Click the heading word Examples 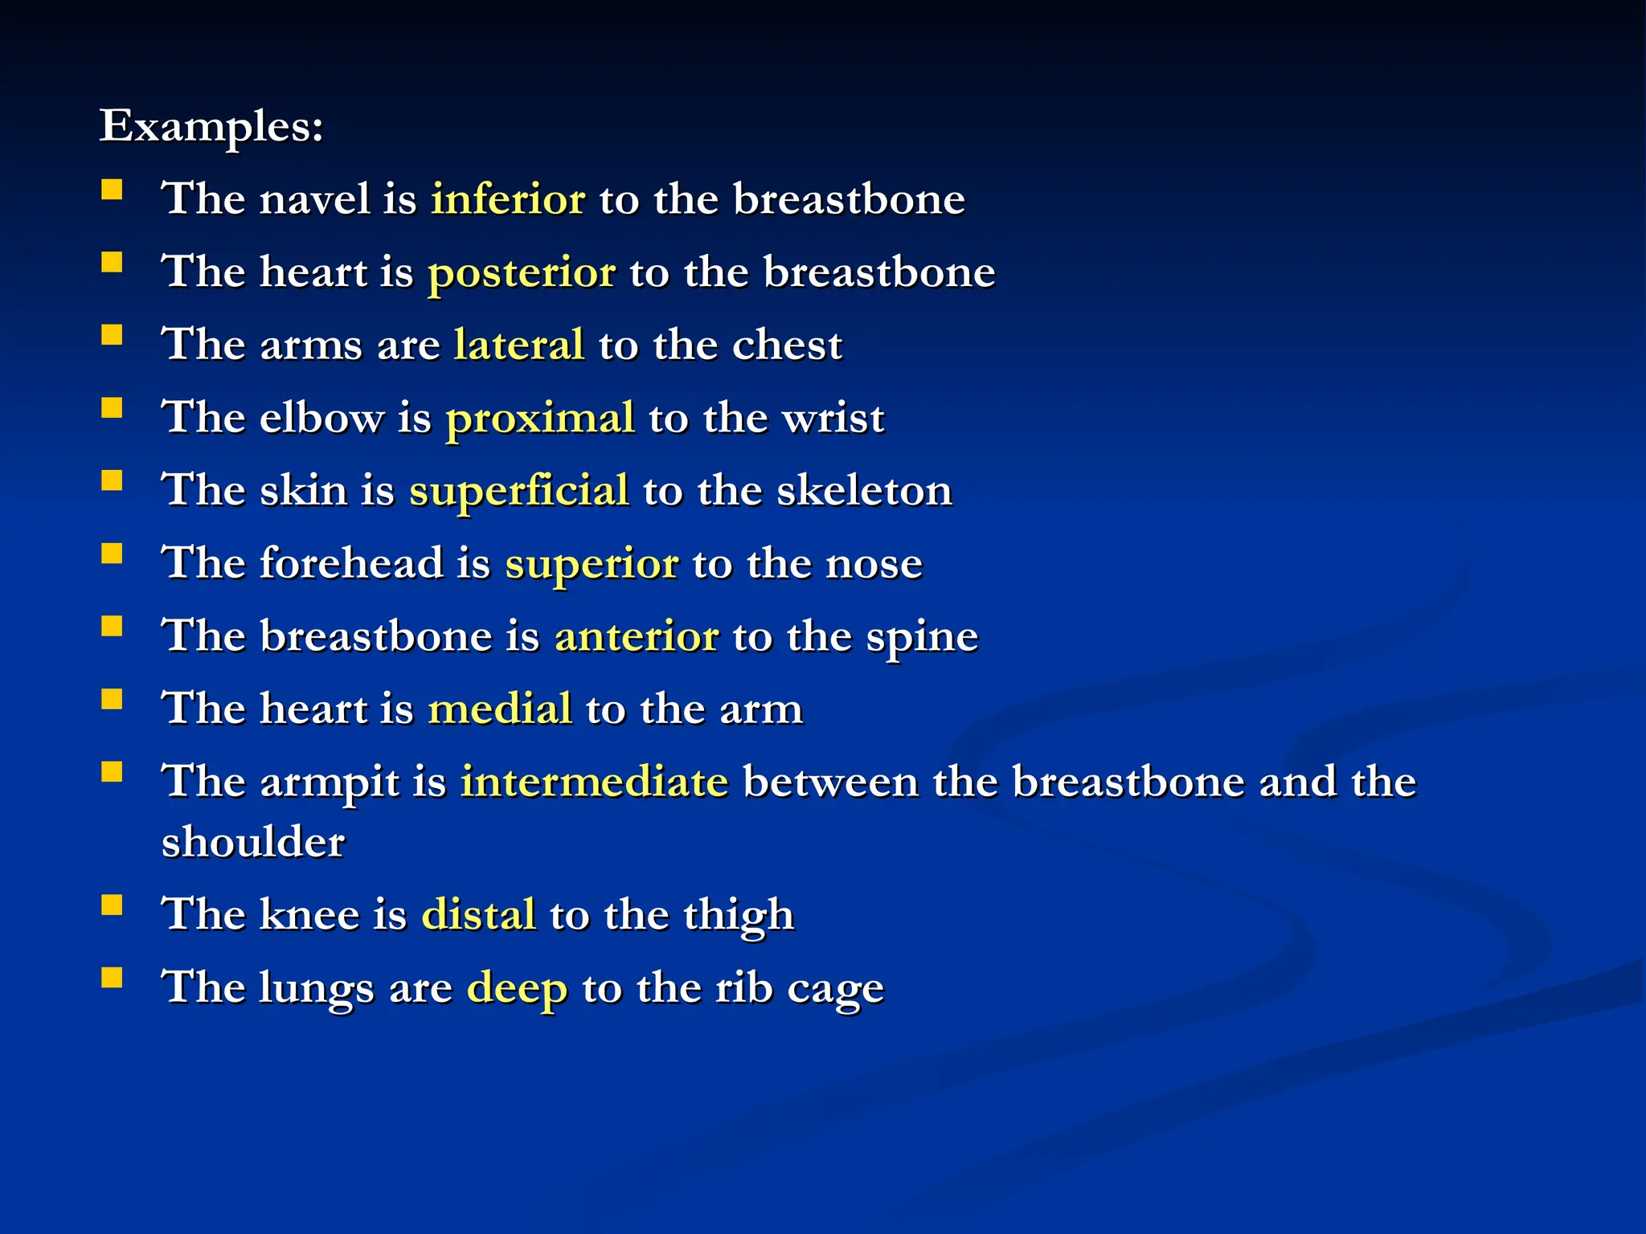[211, 126]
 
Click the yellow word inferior [508, 198]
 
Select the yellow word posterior [522, 272]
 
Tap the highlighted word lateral [518, 345]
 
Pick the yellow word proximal [540, 419]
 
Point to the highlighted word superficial [518, 491]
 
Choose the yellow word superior [592, 564]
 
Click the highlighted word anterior [637, 636]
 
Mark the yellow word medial [499, 709]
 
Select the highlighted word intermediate [594, 782]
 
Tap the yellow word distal [478, 914]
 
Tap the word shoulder [253, 842]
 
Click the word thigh [739, 915]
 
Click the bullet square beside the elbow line [112, 408]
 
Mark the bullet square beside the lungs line [112, 977]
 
